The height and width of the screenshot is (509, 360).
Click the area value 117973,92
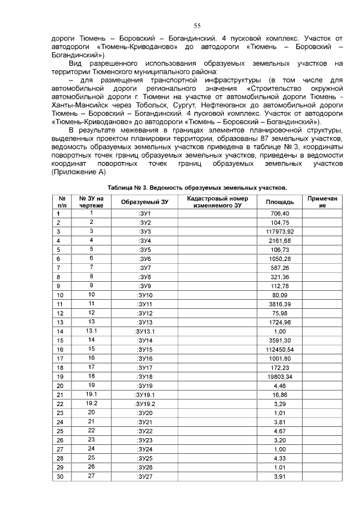click(280, 231)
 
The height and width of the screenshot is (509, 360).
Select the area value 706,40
click(280, 213)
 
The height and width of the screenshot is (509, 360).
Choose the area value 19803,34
click(280, 377)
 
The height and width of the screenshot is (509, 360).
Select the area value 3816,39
click(280, 304)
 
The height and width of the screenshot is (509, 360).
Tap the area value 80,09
click(280, 295)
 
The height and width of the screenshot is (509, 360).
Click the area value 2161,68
click(280, 240)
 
